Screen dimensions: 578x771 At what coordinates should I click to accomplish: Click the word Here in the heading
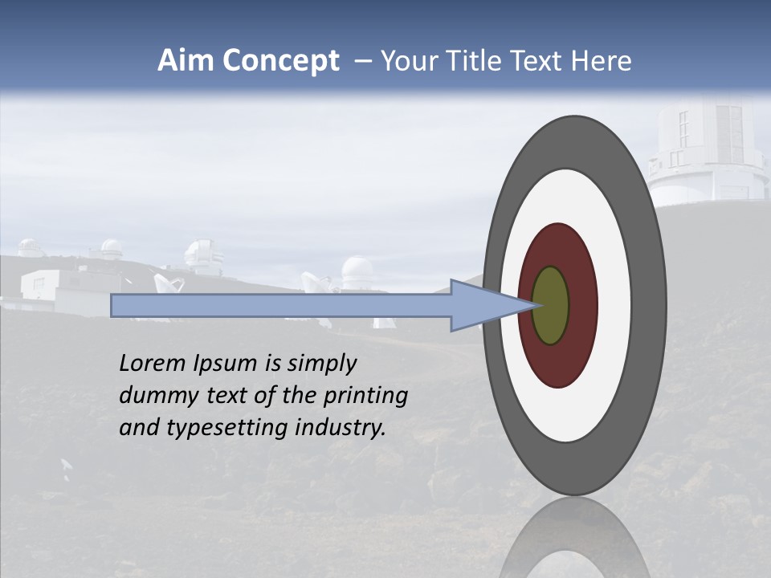(x=601, y=61)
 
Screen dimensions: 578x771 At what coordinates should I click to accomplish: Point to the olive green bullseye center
(x=551, y=306)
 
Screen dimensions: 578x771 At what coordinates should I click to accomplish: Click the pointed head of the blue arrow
(x=482, y=306)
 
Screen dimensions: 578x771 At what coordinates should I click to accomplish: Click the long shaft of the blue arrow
(x=281, y=306)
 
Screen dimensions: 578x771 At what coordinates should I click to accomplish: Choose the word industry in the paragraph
(x=340, y=428)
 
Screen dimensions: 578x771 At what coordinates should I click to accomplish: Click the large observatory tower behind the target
(x=707, y=153)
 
